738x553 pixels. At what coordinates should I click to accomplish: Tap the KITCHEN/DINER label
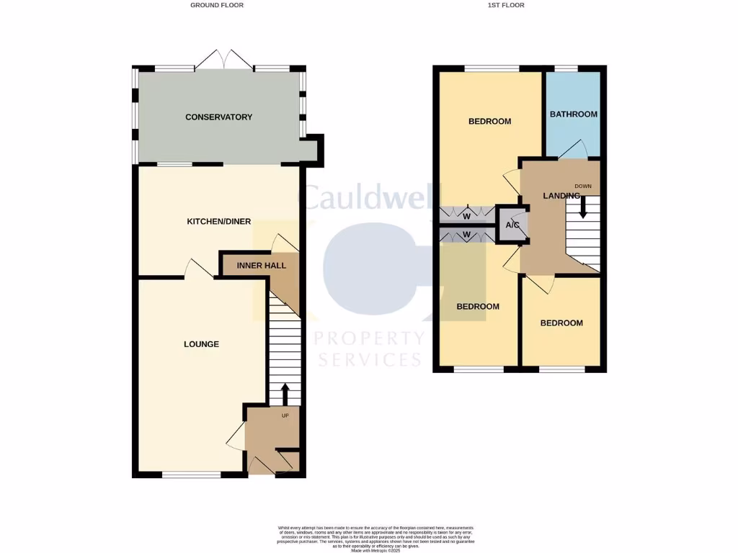[219, 221]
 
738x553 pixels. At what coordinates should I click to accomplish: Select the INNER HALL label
[261, 266]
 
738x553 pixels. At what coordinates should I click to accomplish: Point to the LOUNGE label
[201, 344]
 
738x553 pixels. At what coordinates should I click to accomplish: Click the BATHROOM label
[574, 114]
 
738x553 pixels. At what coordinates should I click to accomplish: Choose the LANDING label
[561, 195]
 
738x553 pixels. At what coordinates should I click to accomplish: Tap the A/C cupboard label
[513, 225]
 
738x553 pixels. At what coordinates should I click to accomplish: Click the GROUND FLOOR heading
[217, 5]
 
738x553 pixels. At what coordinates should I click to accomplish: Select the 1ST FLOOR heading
[505, 5]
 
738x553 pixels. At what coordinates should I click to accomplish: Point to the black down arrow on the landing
[583, 207]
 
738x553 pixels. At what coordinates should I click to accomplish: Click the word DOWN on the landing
[583, 186]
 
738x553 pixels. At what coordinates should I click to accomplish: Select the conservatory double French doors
[223, 60]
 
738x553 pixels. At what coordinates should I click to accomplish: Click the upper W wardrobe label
[467, 215]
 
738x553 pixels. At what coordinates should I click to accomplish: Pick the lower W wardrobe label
[467, 234]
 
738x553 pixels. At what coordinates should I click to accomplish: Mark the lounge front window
[191, 475]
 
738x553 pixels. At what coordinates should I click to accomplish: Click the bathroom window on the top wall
[566, 68]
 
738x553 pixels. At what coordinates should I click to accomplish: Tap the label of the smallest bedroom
[561, 323]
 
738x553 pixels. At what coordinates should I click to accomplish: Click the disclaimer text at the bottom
[368, 539]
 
